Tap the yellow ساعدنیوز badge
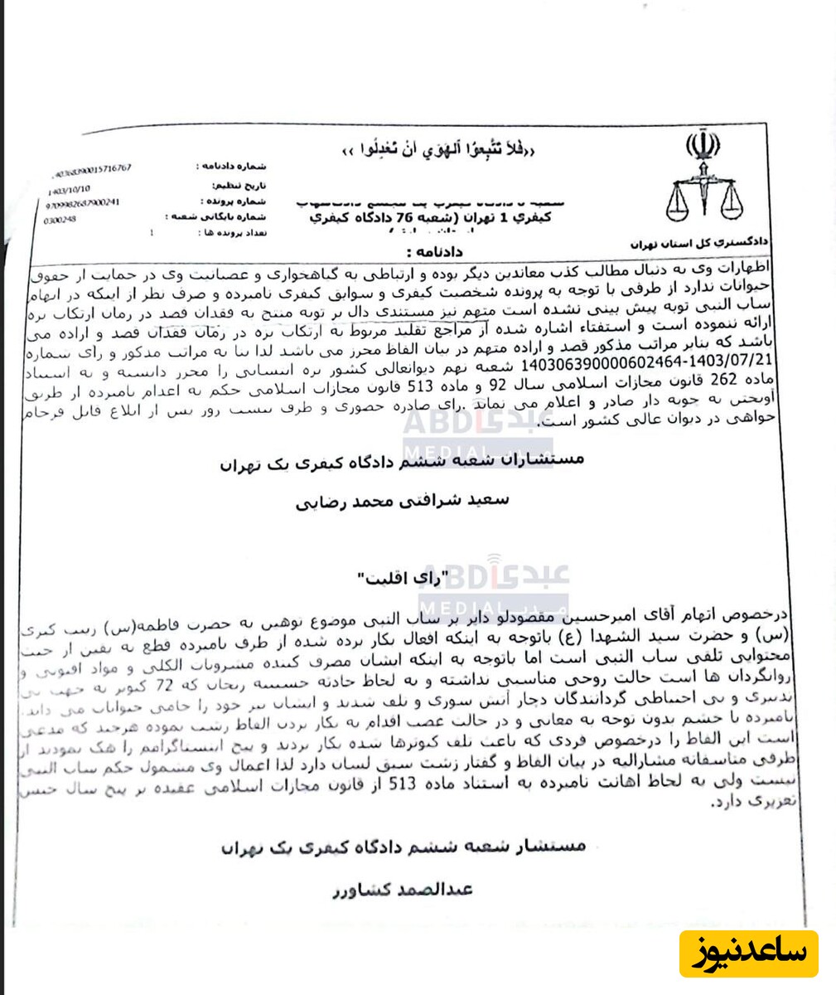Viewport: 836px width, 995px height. (750, 953)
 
